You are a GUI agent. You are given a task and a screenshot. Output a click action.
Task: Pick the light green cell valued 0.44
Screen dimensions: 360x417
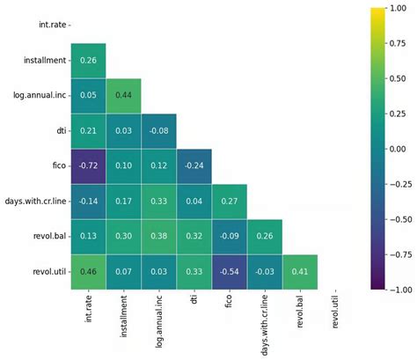click(124, 96)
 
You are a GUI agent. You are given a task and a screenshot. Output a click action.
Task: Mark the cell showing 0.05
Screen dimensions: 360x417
click(89, 96)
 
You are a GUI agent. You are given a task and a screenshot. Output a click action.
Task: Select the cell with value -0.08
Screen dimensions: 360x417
click(159, 131)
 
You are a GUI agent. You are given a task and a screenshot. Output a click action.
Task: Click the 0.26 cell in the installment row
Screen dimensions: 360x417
click(89, 61)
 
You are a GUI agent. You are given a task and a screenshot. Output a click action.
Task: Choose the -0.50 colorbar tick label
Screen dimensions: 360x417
click(399, 219)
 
